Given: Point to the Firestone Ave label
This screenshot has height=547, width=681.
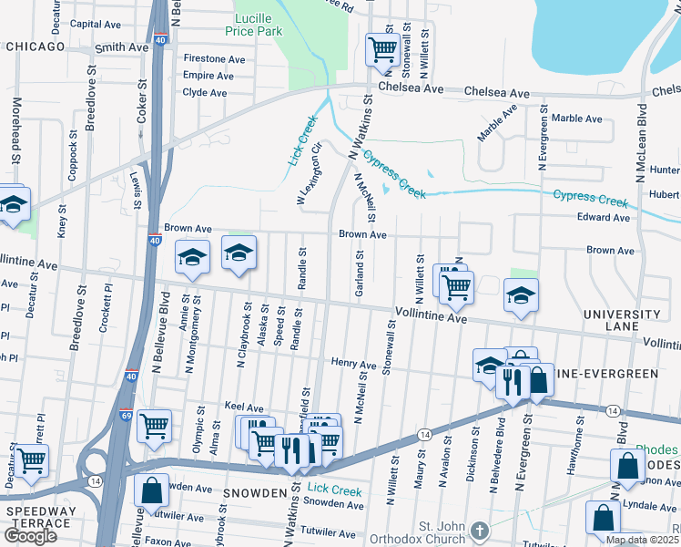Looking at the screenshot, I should coord(215,59).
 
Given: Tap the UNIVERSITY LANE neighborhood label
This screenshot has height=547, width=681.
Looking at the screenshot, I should coord(622,320).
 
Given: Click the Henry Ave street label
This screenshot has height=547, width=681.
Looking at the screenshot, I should coord(353,365).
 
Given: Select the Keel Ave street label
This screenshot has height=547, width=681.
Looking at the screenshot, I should coord(243,408).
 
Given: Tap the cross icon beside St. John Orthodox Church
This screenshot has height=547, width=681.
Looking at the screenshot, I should coord(482,529).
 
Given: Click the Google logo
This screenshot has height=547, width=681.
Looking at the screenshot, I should coord(30,536).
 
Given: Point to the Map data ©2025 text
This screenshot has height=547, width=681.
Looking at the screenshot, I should coord(642,540).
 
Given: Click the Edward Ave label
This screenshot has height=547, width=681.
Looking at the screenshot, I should coord(604,218).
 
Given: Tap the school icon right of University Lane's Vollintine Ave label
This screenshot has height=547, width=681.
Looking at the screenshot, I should coord(521,295).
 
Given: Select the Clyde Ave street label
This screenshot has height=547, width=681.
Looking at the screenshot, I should coord(205,93).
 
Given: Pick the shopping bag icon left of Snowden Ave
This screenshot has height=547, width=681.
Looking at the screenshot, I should coord(151,490).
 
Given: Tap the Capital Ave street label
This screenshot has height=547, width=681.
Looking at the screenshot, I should coord(97,25).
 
